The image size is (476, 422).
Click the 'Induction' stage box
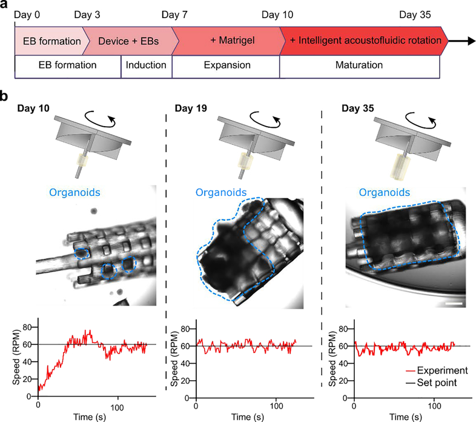pyautogui.click(x=147, y=65)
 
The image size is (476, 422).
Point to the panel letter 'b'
pyautogui.click(x=5, y=96)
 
